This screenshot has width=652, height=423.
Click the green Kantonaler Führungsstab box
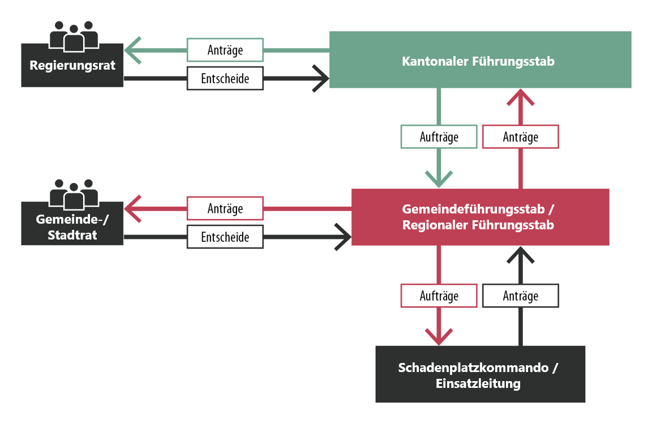coord(480,60)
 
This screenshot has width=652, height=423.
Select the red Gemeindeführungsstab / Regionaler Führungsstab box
coord(480,217)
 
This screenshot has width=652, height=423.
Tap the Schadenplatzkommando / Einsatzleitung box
coord(480,374)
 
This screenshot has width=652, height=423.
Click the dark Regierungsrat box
coord(72,66)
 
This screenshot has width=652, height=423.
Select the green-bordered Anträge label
coord(225,50)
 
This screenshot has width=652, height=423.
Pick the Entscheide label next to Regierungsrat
coord(225,78)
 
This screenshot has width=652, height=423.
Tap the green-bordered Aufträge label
coord(439,136)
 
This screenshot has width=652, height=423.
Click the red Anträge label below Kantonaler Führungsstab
coord(520,136)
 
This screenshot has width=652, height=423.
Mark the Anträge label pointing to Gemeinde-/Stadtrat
coord(225,208)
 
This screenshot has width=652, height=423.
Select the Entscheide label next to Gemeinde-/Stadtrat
coord(225,237)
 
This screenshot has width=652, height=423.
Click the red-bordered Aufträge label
coord(439,296)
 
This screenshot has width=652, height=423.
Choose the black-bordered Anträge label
coord(520,296)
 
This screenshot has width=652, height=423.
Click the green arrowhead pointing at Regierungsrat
coord(132,50)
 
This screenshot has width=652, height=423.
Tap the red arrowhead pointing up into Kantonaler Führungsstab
coord(520,97)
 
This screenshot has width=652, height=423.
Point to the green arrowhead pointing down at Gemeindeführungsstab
coord(439,178)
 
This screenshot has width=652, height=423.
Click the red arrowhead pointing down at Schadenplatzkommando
coord(439,336)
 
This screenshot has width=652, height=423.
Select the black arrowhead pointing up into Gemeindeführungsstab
coord(520,255)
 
